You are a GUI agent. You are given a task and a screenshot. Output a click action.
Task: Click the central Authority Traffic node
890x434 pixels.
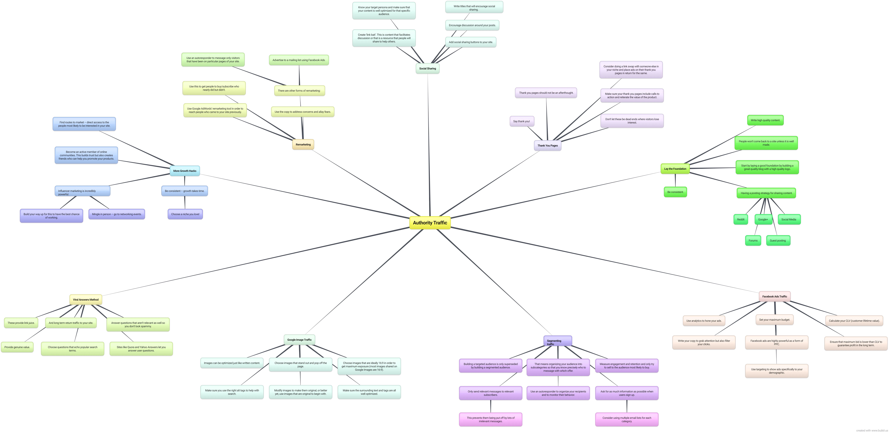(430, 223)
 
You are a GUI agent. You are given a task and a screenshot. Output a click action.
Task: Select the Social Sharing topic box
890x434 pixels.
(427, 68)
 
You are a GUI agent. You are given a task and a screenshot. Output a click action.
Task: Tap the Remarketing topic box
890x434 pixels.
(303, 144)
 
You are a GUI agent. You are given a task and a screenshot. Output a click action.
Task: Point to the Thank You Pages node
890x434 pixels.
(548, 145)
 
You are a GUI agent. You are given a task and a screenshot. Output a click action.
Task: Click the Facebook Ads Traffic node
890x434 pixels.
(775, 296)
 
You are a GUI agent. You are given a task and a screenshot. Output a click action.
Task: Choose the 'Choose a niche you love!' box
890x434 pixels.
(185, 214)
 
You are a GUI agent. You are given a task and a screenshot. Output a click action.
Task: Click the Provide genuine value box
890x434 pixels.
(17, 347)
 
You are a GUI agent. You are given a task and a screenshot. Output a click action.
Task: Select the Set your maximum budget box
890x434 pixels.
(775, 320)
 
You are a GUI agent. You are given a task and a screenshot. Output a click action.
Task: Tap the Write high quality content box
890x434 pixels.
(765, 120)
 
